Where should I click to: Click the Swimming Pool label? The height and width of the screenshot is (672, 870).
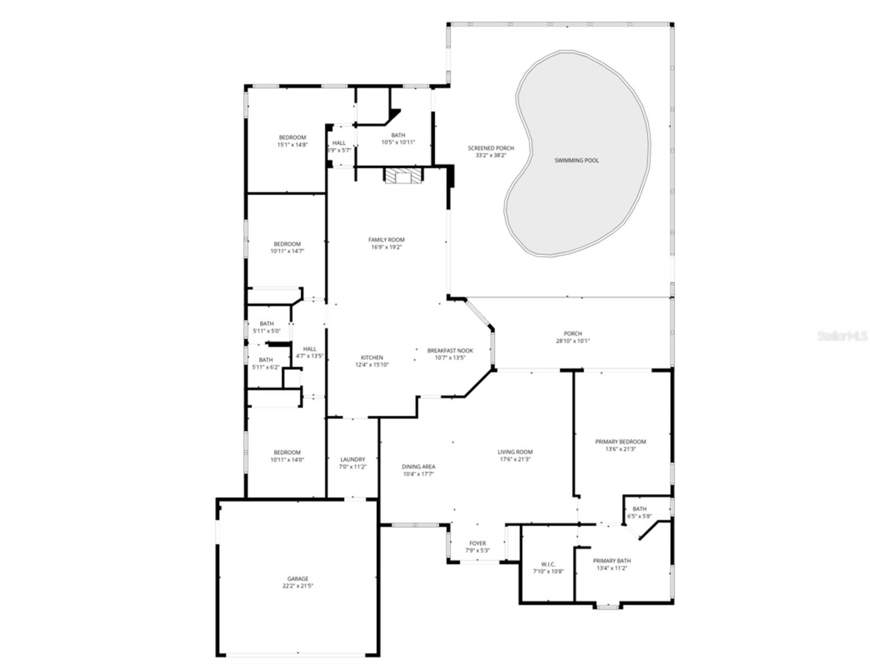coord(576,161)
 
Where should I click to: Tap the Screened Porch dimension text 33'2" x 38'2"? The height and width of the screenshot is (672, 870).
coord(491,156)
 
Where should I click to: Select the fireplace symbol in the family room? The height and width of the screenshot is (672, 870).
coord(402,176)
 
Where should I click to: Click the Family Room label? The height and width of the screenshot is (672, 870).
coord(386,240)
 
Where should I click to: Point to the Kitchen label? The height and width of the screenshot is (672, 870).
coord(371,358)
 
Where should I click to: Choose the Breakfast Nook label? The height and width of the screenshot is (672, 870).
coord(450,351)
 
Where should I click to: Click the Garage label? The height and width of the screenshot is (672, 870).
coord(298,579)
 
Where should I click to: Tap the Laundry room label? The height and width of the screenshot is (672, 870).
coord(352,460)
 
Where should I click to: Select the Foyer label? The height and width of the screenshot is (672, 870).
coord(477,543)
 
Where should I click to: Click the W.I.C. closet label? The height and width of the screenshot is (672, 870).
coord(548,564)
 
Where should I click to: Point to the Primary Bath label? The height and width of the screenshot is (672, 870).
coord(612,561)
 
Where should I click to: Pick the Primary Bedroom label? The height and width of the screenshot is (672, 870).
coord(620,442)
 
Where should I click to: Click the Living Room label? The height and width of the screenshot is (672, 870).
coord(515,452)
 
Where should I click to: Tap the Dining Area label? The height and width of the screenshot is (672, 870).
coord(418,466)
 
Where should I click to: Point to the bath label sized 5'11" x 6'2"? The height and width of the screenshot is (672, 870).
coord(266,360)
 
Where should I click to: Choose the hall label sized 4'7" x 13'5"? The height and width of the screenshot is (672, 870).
coord(310,349)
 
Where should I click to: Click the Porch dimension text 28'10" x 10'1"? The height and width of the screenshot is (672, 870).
coord(573,341)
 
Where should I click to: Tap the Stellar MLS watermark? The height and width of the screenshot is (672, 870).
coord(842,336)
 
